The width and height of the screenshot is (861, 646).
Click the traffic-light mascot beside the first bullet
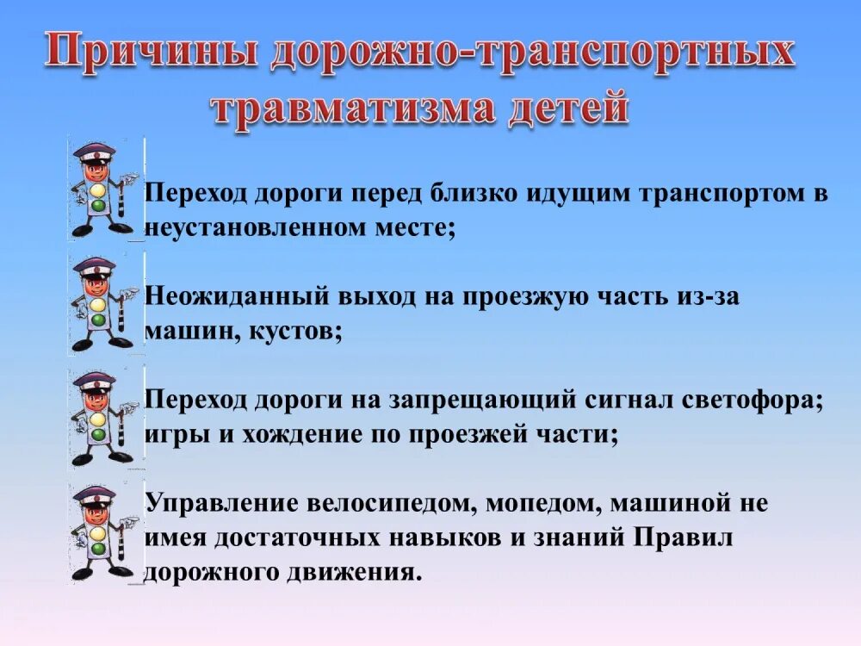tap(102, 189)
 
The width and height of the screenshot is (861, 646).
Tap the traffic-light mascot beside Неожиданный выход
tap(102, 303)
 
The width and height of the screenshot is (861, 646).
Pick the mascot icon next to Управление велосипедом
tap(102, 533)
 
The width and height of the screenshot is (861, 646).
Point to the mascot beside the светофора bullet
tap(102, 419)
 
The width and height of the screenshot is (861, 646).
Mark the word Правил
tap(684, 537)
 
